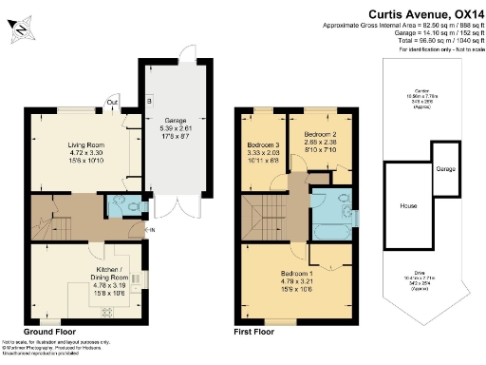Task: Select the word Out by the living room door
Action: tap(112, 102)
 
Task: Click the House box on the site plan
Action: tap(408, 205)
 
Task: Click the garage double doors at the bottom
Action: tap(172, 206)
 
